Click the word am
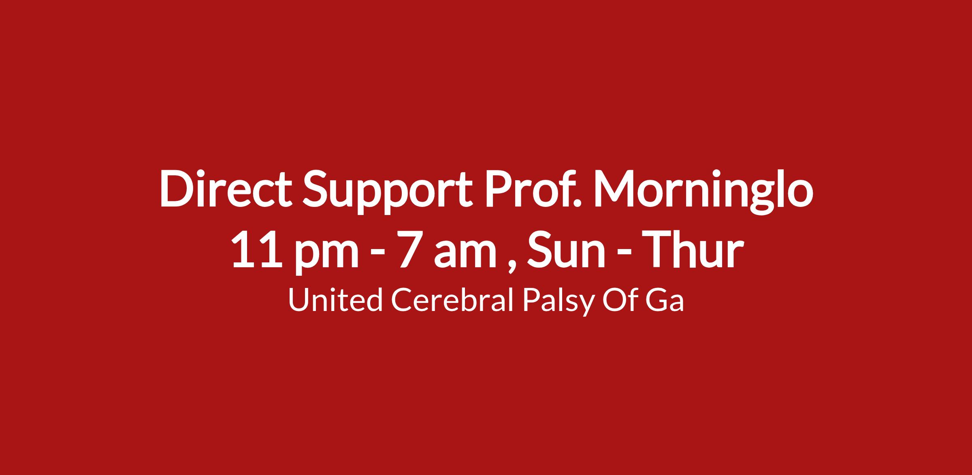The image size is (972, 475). point(466,254)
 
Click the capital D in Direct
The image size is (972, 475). point(177,189)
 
